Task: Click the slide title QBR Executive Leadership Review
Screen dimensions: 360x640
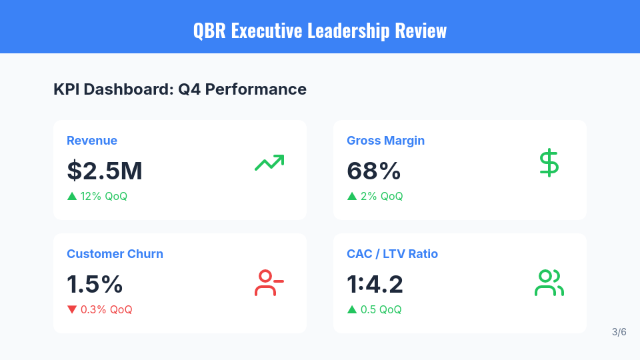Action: pos(320,31)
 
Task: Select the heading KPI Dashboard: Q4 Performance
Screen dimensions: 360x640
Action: pos(180,89)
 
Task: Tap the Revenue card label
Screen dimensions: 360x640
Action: pos(92,141)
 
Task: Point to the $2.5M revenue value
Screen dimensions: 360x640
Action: pos(105,171)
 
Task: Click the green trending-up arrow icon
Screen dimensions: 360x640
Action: pos(269,163)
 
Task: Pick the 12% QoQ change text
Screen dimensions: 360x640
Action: pos(103,197)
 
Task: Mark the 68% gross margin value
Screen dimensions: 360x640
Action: pos(373,171)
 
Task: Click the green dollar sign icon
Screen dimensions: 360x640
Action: pos(549,163)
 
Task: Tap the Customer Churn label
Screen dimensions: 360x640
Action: pos(115,254)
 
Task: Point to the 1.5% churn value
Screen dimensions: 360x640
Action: pos(95,285)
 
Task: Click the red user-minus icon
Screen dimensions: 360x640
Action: pos(269,283)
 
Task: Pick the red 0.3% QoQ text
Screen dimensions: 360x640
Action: pos(106,310)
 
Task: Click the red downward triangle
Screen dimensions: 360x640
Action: pos(72,309)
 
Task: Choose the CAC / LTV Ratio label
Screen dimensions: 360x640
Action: pos(392,254)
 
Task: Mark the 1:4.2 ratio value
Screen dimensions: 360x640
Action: pos(375,285)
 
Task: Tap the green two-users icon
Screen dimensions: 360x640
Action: pos(549,283)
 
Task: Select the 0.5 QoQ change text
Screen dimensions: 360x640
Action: pos(381,310)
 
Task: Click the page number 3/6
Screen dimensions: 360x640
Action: pos(619,332)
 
